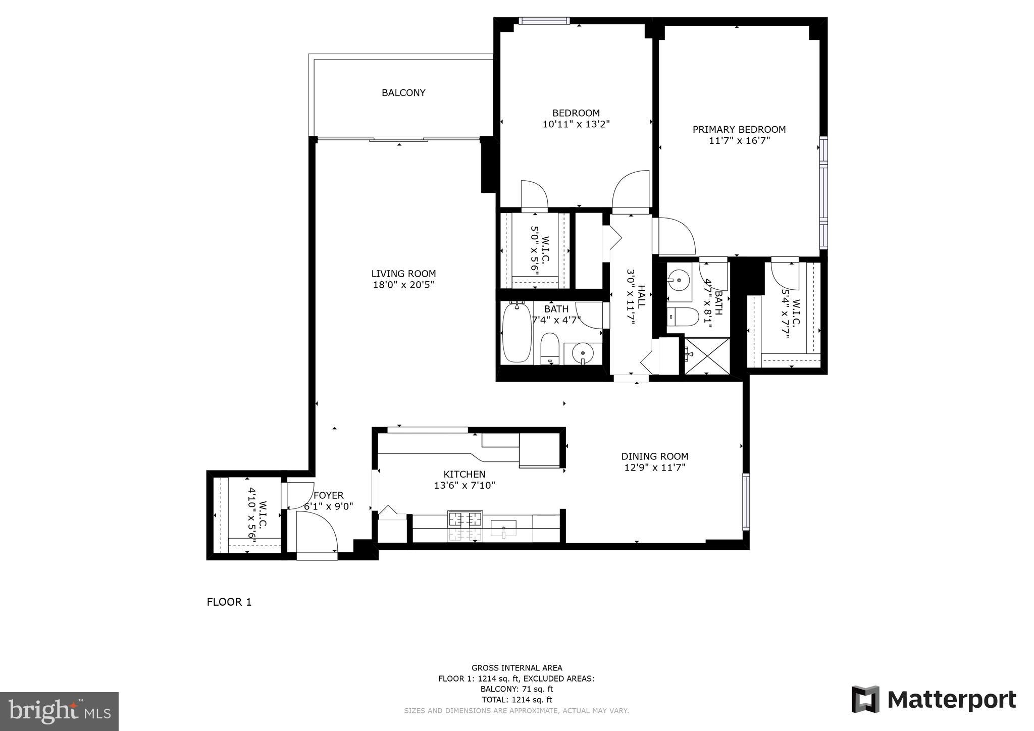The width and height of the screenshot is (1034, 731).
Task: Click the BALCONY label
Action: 403,93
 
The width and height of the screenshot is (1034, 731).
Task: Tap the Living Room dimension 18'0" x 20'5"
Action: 403,285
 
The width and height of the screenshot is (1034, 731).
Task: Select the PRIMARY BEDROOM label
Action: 739,130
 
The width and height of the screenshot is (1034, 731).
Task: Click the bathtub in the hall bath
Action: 517,333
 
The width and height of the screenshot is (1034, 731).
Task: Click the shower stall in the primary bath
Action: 707,356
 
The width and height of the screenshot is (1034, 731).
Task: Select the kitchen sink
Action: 503,528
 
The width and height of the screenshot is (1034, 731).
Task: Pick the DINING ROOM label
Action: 654,456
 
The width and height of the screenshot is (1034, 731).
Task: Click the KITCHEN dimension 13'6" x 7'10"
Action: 464,486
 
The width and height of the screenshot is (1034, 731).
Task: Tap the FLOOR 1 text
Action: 229,602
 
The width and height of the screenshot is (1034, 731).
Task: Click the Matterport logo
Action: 934,700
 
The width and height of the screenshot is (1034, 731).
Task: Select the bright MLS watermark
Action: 59,711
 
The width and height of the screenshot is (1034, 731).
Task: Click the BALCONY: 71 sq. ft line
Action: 516,689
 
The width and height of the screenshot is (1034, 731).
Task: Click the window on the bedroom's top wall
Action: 544,21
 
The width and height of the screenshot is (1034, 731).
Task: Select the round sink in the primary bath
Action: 679,279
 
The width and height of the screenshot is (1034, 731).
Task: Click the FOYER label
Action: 328,496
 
